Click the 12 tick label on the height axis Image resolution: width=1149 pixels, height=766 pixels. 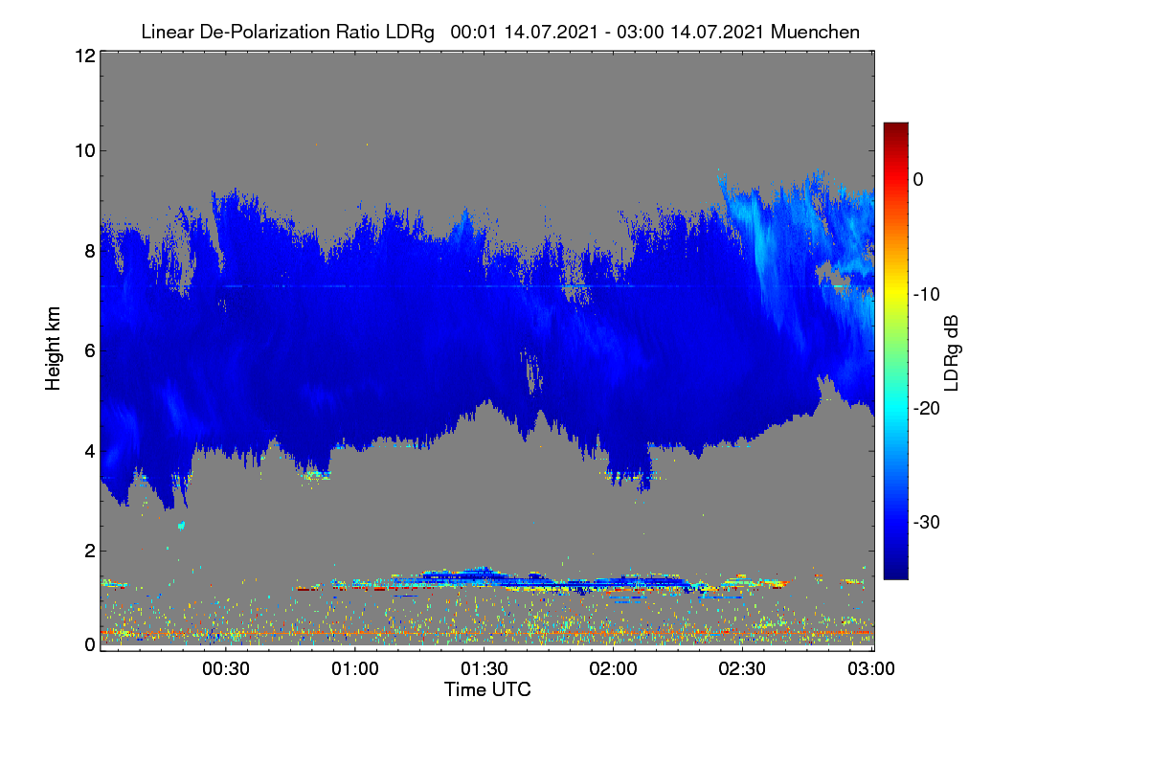pos(85,56)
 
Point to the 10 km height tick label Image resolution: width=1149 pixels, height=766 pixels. pos(85,151)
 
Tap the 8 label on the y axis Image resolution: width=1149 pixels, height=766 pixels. pos(90,252)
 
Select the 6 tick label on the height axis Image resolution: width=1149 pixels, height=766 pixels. pos(90,351)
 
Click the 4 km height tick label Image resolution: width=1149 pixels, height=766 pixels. pos(90,452)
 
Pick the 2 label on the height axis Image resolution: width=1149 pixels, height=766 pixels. pos(90,551)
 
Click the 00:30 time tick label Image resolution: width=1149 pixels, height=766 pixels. pos(226,669)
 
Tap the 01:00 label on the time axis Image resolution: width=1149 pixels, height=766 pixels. pos(355,669)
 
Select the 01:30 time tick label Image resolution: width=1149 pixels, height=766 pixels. pos(484,669)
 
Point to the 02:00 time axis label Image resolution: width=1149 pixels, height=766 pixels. pos(613,669)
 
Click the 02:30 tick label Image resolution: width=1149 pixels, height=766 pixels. pos(742,669)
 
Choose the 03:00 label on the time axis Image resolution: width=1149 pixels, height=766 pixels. pos(871,669)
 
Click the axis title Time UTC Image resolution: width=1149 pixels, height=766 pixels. pos(487,689)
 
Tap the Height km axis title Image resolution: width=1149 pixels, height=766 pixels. pos(53,349)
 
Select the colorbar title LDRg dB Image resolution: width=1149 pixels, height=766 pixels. pos(952,353)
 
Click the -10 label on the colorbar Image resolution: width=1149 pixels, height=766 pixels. pos(927,295)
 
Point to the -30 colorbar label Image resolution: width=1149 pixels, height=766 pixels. pos(927,522)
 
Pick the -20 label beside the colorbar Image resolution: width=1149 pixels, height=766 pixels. pos(927,409)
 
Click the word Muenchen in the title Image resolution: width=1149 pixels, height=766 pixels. pos(815,33)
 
